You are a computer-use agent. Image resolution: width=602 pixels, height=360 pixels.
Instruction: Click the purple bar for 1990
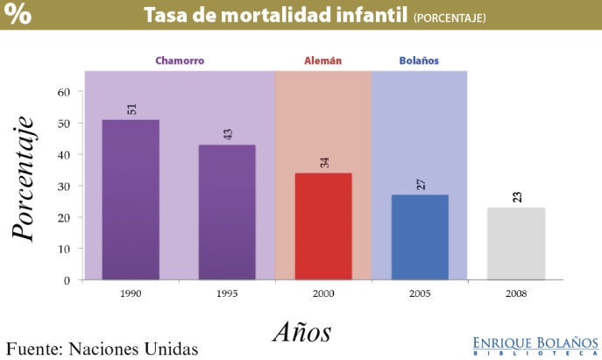(x=131, y=200)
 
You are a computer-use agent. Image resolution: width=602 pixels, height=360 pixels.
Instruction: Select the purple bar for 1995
(x=227, y=212)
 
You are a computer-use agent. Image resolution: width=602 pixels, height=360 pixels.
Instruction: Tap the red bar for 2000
(x=323, y=226)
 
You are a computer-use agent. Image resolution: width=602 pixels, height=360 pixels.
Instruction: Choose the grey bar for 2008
(x=515, y=244)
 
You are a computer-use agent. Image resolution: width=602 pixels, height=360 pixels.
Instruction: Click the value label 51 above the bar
(x=131, y=109)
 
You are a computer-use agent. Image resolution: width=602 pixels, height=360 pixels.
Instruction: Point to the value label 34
(x=323, y=162)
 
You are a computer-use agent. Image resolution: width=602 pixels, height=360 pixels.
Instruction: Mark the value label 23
(x=516, y=196)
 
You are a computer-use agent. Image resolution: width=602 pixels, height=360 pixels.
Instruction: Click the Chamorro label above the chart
(x=179, y=61)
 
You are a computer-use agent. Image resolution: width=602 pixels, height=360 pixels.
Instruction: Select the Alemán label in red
(x=322, y=61)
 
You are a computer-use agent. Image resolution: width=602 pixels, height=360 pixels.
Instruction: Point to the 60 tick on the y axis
(x=64, y=91)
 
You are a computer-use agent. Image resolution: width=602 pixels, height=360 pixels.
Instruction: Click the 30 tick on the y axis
(x=64, y=186)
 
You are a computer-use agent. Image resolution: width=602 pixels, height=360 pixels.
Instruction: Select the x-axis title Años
(x=301, y=332)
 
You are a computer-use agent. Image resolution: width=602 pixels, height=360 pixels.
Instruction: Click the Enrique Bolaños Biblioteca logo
(x=535, y=343)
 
